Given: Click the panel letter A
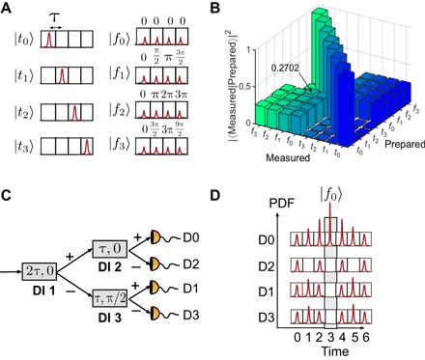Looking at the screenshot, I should click(7, 7).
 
